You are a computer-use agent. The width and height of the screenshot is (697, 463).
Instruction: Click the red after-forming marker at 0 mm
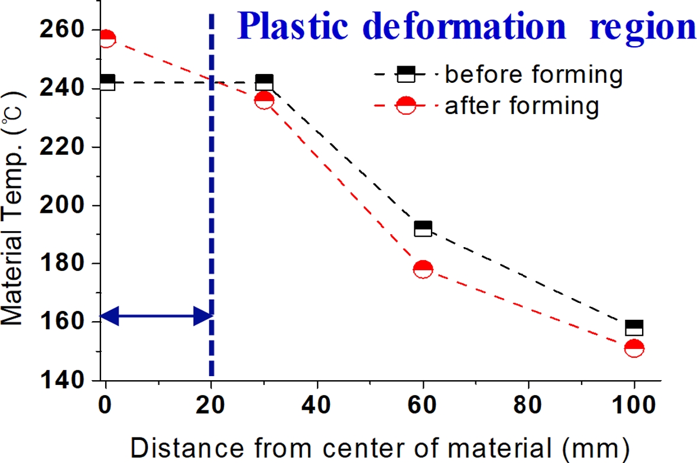pyautogui.click(x=106, y=38)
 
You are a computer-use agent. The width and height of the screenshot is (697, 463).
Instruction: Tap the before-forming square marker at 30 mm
pyautogui.click(x=264, y=82)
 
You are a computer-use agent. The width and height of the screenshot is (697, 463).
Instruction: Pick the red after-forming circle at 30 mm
pyautogui.click(x=264, y=100)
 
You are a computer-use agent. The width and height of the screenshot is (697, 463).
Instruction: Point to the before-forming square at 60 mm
pyautogui.click(x=423, y=229)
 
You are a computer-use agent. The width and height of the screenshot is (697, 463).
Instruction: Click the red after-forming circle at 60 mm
pyautogui.click(x=423, y=269)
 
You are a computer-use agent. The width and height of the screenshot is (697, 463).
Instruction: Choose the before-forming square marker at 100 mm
pyautogui.click(x=634, y=328)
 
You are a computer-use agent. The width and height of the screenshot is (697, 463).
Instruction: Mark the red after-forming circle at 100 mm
pyautogui.click(x=634, y=348)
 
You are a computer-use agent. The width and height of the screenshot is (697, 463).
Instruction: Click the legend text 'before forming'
pyautogui.click(x=533, y=75)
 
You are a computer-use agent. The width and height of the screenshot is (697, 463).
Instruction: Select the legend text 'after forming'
pyautogui.click(x=522, y=106)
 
